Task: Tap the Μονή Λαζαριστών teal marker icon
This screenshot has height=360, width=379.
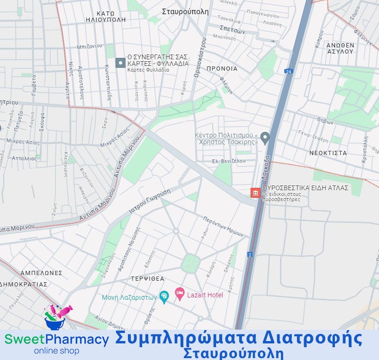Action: [164, 297]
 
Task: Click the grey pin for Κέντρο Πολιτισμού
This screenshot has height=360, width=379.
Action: [265, 138]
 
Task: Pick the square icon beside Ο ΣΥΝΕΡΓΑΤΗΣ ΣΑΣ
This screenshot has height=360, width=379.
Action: [121, 63]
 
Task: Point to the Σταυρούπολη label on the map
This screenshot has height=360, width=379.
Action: [185, 12]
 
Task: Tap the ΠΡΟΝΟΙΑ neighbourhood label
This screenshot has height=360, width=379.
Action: [222, 69]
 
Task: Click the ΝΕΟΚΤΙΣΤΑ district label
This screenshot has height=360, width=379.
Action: [328, 153]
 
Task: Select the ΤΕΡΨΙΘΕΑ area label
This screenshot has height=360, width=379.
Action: [148, 279]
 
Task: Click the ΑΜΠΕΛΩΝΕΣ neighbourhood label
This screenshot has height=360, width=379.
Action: [41, 273]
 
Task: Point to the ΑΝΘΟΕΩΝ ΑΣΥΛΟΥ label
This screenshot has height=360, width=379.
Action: [340, 48]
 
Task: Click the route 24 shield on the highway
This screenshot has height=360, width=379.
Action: [288, 71]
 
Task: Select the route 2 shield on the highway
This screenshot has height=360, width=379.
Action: [250, 255]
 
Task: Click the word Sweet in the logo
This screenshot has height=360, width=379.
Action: [24, 339]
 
